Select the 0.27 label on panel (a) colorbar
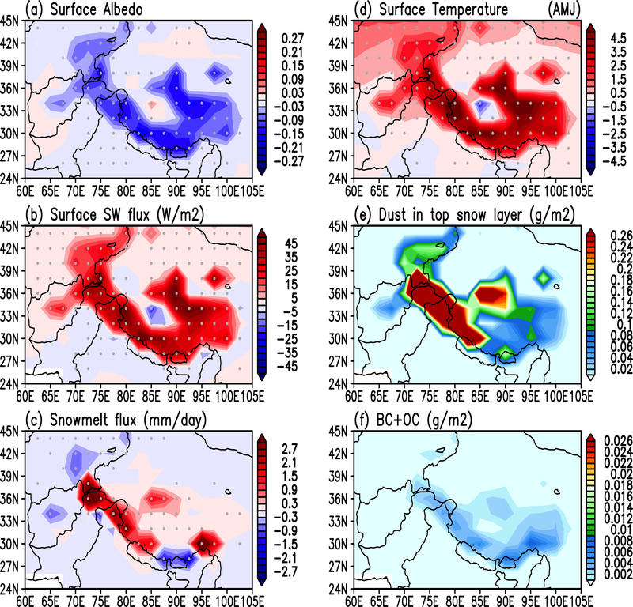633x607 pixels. coord(282,36)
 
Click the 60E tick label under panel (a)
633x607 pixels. coord(25,190)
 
